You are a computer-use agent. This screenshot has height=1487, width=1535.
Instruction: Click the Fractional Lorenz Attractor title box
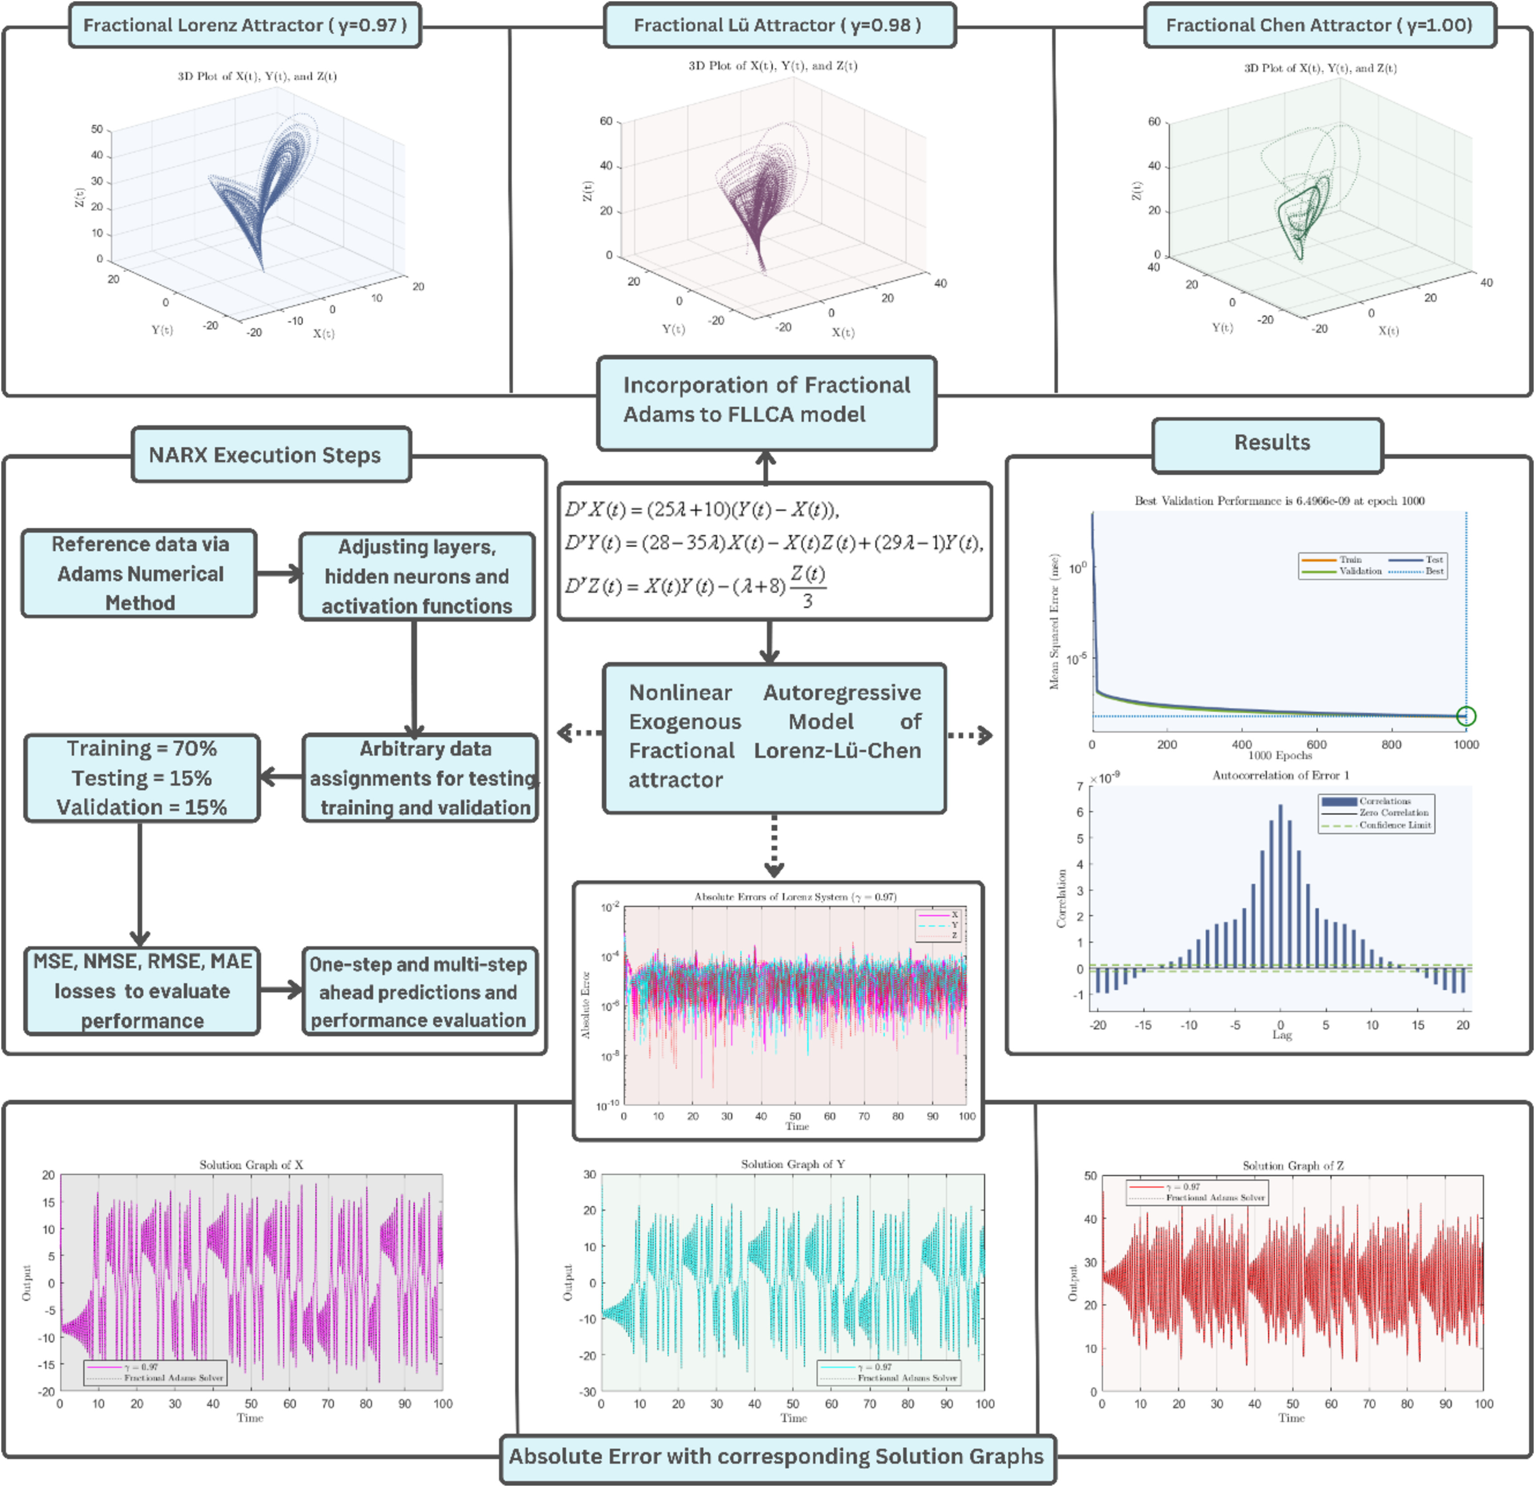point(245,25)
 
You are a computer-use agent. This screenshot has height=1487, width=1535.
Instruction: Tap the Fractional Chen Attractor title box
point(1319,25)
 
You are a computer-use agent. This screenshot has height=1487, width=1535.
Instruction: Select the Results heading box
point(1271,443)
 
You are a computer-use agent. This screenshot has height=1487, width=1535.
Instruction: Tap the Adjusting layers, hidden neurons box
point(417,576)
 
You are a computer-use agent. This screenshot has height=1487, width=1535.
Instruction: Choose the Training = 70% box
point(142,778)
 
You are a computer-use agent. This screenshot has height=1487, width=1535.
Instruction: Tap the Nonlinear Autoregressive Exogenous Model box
point(774,736)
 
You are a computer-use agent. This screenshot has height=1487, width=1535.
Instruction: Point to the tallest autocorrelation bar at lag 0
point(1280,885)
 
